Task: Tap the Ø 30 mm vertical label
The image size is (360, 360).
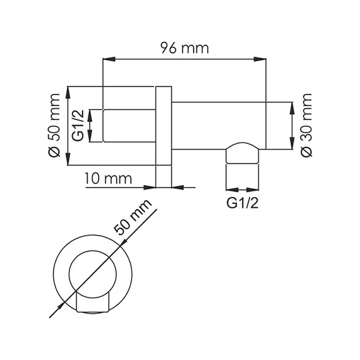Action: [307, 124]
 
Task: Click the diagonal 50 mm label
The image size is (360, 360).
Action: [135, 220]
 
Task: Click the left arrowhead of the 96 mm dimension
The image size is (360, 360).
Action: [107, 61]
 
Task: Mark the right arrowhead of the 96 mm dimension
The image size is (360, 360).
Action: [259, 61]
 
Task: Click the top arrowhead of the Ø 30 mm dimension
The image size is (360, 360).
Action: [291, 105]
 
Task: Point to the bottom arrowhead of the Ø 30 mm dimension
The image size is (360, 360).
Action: [291, 146]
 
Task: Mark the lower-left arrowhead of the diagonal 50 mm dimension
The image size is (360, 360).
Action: [52, 310]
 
